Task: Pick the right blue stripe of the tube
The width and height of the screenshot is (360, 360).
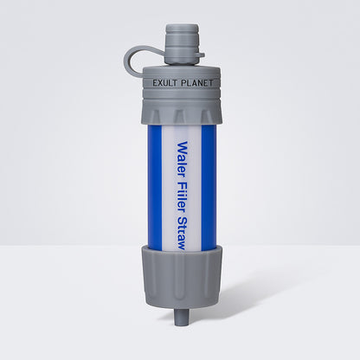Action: (x=203, y=186)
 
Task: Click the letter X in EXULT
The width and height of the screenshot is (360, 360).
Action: (x=158, y=83)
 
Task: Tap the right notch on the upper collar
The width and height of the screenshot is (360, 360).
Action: (x=206, y=112)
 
